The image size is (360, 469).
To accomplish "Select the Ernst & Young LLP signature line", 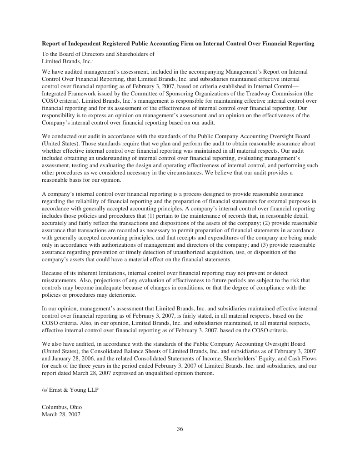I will (x=70, y=390).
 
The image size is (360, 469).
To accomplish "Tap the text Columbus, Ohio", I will (x=62, y=407).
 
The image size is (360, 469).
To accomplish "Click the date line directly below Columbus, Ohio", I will (x=61, y=414).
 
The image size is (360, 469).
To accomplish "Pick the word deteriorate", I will (x=122, y=295).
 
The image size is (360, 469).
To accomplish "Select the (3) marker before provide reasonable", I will (x=264, y=245).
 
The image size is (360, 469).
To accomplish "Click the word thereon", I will (x=203, y=374).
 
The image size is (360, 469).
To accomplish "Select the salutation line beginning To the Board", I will (x=98, y=54).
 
